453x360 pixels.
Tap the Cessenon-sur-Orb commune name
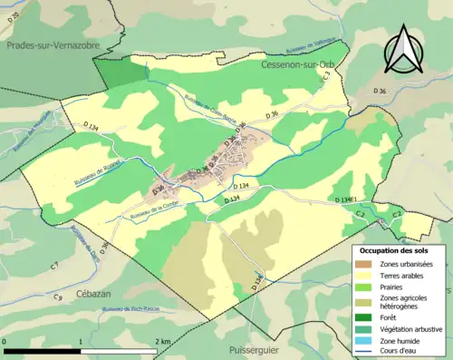click(297, 67)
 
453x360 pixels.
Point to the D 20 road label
click(14, 18)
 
